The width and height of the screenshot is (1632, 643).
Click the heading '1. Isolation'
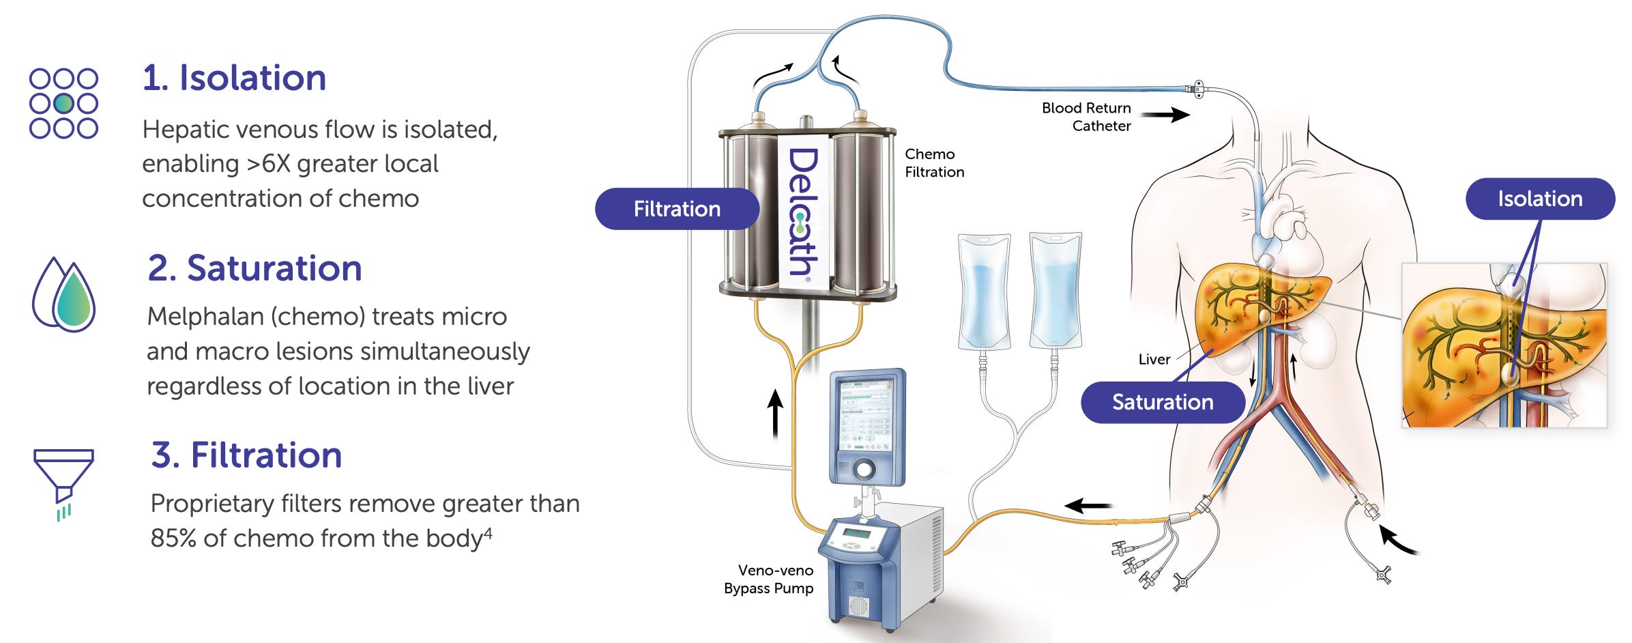[234, 78]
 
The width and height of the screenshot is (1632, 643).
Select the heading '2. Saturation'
[254, 268]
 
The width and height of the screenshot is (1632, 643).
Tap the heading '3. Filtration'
[246, 455]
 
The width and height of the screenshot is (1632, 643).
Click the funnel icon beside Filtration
[63, 482]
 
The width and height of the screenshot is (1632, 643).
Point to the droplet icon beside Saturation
[65, 295]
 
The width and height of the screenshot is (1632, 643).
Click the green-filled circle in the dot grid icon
[63, 104]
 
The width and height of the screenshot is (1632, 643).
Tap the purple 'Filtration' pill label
[677, 209]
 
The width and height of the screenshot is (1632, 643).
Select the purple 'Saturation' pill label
[1163, 402]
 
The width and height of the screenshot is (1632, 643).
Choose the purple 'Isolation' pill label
[1540, 199]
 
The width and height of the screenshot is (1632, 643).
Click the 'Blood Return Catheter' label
[1087, 117]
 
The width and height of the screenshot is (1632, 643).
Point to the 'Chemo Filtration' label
[934, 163]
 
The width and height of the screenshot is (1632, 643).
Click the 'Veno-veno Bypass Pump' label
[769, 580]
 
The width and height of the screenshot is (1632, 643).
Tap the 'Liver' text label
[1154, 360]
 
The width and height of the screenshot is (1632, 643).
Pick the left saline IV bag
[983, 292]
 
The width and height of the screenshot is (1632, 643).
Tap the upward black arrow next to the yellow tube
[775, 413]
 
